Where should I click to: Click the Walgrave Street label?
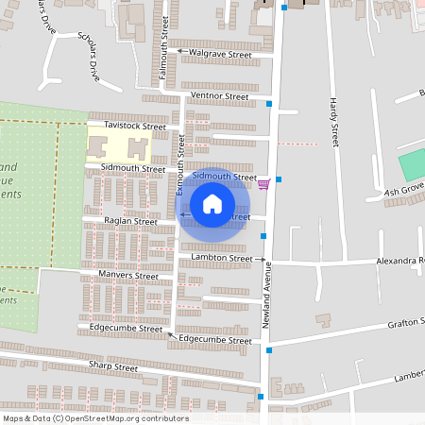[220, 55]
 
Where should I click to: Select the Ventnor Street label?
[219, 96]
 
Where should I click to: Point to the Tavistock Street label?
[135, 126]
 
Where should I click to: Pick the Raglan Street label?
[130, 222]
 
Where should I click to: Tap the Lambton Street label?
[222, 257]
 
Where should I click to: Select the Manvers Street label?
[129, 276]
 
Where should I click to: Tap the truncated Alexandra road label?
[401, 260]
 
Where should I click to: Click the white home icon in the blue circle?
[212, 204]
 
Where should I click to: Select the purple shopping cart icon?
[263, 184]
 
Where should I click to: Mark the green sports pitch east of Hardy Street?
[413, 165]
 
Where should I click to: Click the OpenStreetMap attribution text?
[95, 418]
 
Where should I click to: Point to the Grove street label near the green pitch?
[404, 192]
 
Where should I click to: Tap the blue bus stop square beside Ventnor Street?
[269, 103]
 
